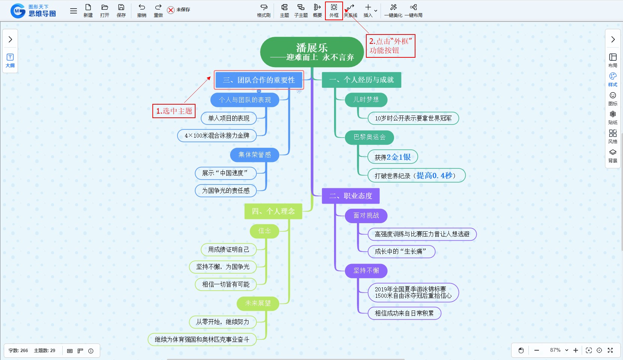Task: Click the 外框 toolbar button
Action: click(334, 10)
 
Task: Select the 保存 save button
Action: click(121, 10)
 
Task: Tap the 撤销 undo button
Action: click(141, 10)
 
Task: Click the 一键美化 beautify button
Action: click(393, 10)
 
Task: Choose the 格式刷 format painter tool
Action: click(263, 10)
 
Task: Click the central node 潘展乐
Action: click(312, 52)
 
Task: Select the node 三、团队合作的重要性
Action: click(259, 80)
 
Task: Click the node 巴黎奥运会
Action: click(369, 137)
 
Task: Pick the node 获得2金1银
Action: click(393, 157)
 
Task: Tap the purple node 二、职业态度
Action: click(351, 196)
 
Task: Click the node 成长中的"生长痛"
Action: click(401, 251)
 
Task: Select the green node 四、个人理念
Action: click(273, 211)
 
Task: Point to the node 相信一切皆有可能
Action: click(226, 284)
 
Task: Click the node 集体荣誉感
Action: click(254, 154)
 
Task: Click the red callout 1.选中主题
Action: click(174, 111)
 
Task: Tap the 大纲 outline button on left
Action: click(10, 60)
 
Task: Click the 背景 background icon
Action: click(612, 156)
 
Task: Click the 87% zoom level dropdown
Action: click(559, 350)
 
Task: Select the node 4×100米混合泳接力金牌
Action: click(217, 135)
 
